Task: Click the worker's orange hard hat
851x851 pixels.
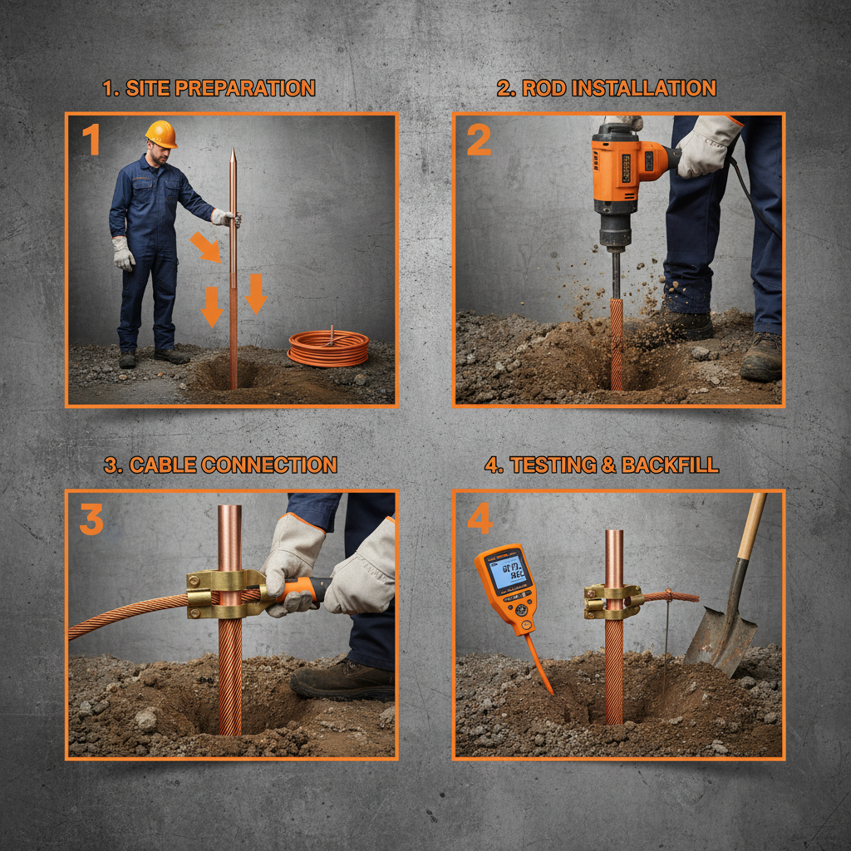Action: pyautogui.click(x=161, y=133)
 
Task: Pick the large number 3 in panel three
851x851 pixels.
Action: pyautogui.click(x=91, y=519)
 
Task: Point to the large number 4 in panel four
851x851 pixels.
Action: pyautogui.click(x=480, y=519)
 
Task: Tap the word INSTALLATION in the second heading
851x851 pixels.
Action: pyautogui.click(x=638, y=88)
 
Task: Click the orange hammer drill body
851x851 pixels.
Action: pyautogui.click(x=623, y=166)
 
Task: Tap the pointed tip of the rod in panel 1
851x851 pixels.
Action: pyautogui.click(x=233, y=154)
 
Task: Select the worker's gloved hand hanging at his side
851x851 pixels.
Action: pyautogui.click(x=123, y=253)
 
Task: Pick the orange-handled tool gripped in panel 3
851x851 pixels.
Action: pyautogui.click(x=303, y=589)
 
